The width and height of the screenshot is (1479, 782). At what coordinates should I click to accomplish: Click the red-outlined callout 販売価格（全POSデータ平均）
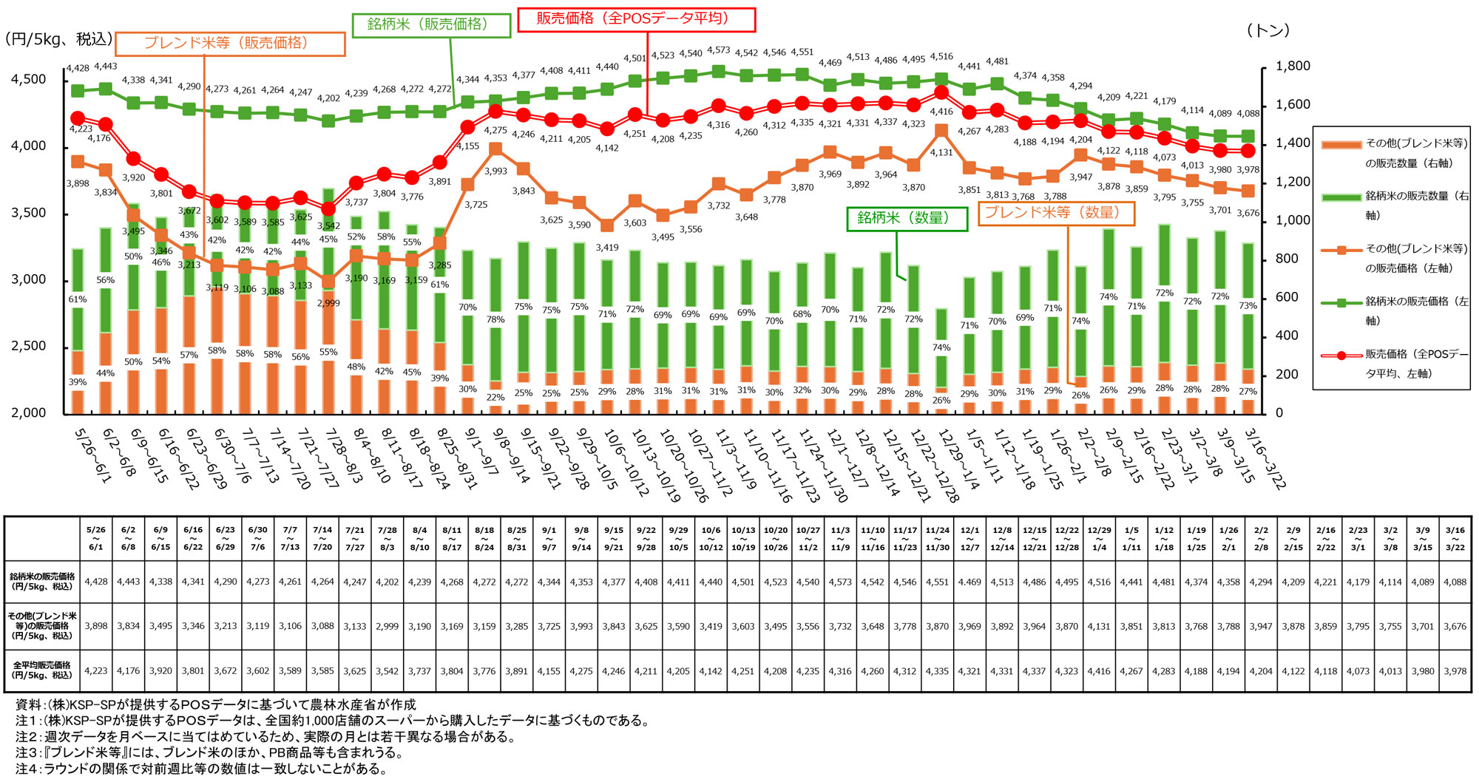pyautogui.click(x=635, y=19)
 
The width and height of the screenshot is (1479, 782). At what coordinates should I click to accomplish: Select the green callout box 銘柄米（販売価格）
pyautogui.click(x=430, y=24)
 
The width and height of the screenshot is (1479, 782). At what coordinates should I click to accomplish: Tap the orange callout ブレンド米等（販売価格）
pyautogui.click(x=230, y=44)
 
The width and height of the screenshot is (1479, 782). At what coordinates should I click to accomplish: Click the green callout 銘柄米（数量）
pyautogui.click(x=907, y=219)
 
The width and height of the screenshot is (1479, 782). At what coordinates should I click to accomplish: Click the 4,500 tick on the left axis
pyautogui.click(x=28, y=79)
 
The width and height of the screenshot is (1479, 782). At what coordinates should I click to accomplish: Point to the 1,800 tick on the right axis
pyautogui.click(x=1293, y=67)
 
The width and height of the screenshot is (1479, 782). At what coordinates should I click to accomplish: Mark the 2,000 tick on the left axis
pyautogui.click(x=28, y=412)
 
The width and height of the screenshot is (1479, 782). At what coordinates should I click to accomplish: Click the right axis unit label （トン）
pyautogui.click(x=1268, y=31)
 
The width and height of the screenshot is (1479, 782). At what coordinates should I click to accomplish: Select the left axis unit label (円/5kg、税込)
pyautogui.click(x=58, y=39)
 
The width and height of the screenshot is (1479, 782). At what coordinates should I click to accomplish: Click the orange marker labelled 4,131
pyautogui.click(x=941, y=131)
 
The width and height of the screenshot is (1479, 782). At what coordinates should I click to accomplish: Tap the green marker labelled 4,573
pyautogui.click(x=718, y=72)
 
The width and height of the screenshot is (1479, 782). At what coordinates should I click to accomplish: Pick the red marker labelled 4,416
pyautogui.click(x=941, y=93)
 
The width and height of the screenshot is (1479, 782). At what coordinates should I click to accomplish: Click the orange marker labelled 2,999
pyautogui.click(x=328, y=281)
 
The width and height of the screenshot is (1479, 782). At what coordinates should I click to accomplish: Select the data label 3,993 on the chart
pyautogui.click(x=495, y=171)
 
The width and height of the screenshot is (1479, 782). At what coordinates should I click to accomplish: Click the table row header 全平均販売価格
pyautogui.click(x=42, y=670)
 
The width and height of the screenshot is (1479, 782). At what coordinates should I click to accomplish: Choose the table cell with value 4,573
pyautogui.click(x=840, y=582)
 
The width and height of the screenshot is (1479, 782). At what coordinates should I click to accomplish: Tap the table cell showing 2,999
pyautogui.click(x=387, y=626)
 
